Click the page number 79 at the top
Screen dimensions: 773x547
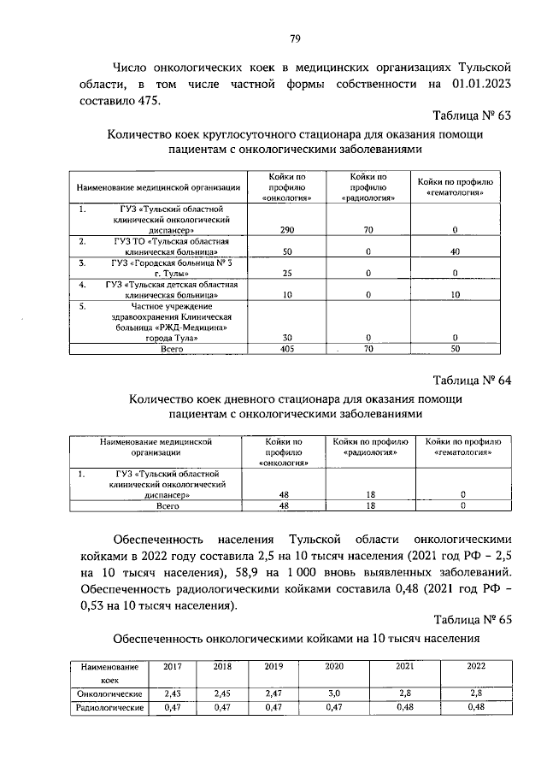[294, 38]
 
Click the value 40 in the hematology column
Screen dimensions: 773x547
[456, 252]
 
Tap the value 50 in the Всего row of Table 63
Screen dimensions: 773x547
[456, 350]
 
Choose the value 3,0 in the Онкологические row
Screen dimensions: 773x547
[334, 693]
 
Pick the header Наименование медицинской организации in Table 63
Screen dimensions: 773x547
[158, 186]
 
